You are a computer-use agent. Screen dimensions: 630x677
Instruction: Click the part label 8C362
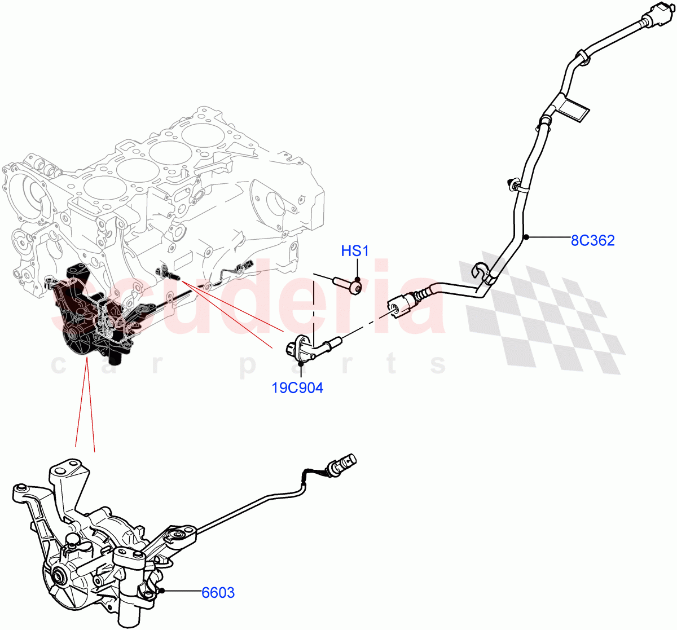[592, 241]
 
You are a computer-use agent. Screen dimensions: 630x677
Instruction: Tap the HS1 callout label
[355, 251]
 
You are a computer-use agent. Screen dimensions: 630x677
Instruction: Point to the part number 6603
[218, 593]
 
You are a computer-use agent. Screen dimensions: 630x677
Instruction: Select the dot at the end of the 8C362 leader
[526, 237]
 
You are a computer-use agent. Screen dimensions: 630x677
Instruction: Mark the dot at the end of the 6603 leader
[161, 591]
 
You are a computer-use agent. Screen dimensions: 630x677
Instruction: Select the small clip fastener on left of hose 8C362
[513, 183]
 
